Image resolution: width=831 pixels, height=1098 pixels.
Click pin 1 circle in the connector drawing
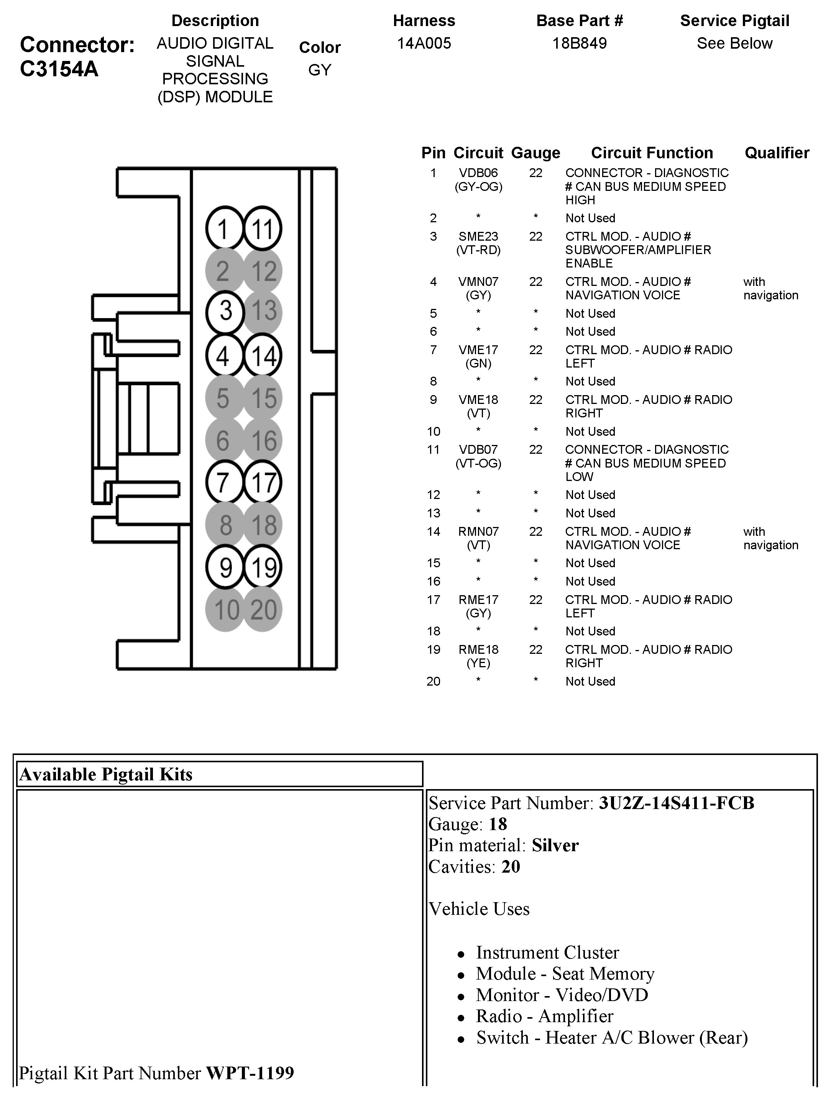pos(224,228)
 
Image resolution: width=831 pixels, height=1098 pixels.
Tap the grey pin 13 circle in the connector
pos(263,312)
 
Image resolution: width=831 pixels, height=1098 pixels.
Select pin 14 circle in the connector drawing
pos(263,355)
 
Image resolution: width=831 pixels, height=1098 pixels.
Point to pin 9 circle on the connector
pos(225,567)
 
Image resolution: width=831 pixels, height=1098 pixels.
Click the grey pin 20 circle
pos(263,610)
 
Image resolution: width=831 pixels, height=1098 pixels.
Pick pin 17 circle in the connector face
pos(263,483)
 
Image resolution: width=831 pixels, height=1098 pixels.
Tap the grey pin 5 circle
pos(224,398)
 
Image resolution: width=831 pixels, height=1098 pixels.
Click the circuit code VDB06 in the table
pos(478,173)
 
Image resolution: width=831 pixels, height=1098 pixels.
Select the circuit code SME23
pos(478,237)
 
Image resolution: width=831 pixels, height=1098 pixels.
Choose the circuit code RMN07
pos(478,532)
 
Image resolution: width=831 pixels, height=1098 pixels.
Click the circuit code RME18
pos(478,650)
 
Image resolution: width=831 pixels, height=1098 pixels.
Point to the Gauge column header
pos(535,153)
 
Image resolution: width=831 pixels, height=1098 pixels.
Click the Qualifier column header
pos(777,153)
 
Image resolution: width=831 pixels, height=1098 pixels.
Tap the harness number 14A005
pos(424,44)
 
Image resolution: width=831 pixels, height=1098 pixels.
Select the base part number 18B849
pos(579,44)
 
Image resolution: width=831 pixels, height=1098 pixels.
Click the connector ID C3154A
pos(59,69)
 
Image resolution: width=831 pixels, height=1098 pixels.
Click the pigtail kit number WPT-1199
pos(250,1073)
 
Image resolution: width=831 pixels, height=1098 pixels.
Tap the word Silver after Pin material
pos(555,845)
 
